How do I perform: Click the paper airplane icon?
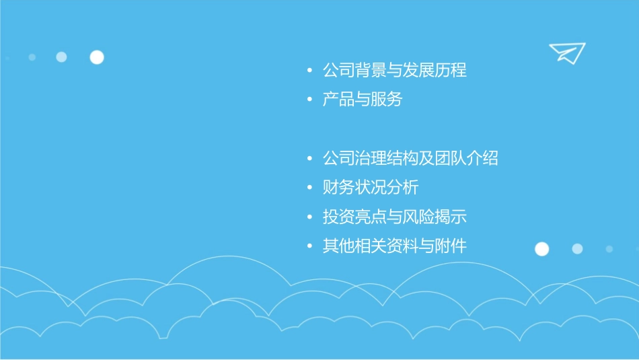pos(567,52)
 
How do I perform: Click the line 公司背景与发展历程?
pos(394,70)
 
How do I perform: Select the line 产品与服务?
pos(363,100)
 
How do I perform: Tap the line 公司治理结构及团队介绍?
pos(410,158)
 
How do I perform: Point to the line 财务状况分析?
pos(371,187)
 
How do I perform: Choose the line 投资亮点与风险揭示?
pos(394,217)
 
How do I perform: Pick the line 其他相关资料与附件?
pos(394,246)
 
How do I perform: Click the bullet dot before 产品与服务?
pos(309,100)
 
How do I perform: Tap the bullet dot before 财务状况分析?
pos(309,188)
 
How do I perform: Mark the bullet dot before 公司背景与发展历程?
pos(309,71)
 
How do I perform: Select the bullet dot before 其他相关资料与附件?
pos(309,246)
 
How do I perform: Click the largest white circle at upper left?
pos(97,57)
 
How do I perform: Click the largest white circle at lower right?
pos(541,249)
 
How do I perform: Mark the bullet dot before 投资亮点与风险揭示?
pos(309,217)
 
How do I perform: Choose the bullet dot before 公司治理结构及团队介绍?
pos(309,159)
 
